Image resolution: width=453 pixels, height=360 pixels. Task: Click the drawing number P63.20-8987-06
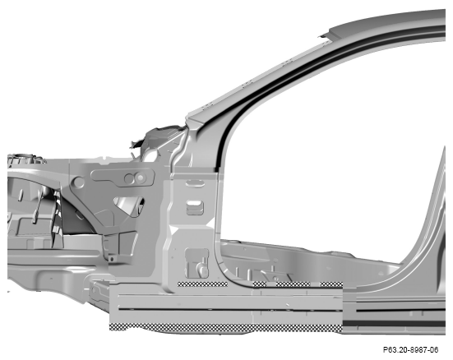pyautogui.click(x=410, y=350)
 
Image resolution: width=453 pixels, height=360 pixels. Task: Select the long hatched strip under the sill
pyautogui.click(x=226, y=328)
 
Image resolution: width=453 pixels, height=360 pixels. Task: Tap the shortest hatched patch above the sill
pyautogui.click(x=260, y=284)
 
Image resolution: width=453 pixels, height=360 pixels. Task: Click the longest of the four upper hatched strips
pyautogui.click(x=202, y=284)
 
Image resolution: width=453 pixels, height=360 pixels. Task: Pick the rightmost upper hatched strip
pyautogui.click(x=331, y=284)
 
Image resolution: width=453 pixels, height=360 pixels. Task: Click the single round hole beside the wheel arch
pyautogui.click(x=78, y=182)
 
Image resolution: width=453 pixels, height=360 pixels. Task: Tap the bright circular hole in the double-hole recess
pyautogui.click(x=140, y=178)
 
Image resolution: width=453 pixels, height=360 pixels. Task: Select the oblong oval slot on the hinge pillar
pyautogui.click(x=196, y=183)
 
